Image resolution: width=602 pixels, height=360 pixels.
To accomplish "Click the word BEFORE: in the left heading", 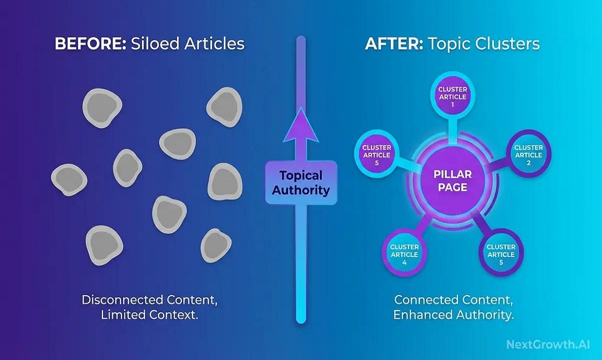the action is click(90, 43).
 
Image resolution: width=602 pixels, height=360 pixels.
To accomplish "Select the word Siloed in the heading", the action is click(155, 43).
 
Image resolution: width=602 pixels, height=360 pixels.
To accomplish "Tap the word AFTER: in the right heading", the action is click(394, 43).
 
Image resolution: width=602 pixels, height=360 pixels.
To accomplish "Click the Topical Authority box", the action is click(301, 183).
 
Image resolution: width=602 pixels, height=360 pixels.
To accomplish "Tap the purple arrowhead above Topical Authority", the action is click(301, 125).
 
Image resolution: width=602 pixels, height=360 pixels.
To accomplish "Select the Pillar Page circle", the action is click(453, 181).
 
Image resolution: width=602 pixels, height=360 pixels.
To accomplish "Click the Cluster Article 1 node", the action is click(453, 96).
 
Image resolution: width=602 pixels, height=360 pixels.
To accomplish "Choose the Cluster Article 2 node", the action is click(528, 154).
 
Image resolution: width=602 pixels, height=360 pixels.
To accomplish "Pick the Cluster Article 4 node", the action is click(404, 254).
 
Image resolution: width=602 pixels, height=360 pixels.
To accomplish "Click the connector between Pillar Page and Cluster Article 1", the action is click(453, 131).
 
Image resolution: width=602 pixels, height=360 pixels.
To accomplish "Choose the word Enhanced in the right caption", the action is click(422, 315).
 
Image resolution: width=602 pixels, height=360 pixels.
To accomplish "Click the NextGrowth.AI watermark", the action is click(548, 344).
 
